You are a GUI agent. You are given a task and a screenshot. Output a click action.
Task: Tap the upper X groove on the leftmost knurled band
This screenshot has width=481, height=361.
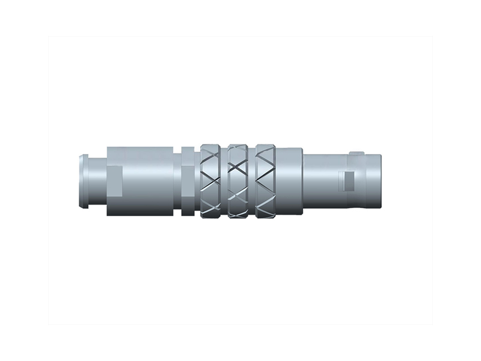[x=212, y=161]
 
